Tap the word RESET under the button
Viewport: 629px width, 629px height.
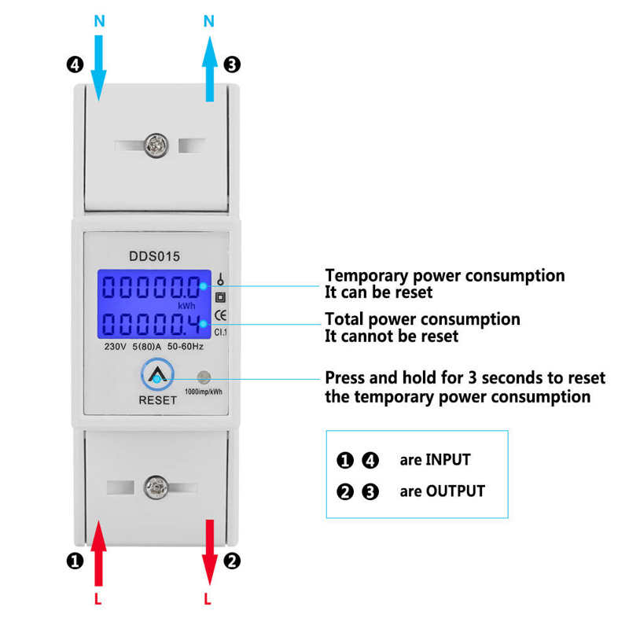tap(157, 399)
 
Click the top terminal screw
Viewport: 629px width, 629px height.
tap(155, 145)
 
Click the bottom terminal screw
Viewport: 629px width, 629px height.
tap(155, 487)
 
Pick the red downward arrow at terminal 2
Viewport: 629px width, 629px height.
tap(208, 550)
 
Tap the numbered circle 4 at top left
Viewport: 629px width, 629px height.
tap(75, 65)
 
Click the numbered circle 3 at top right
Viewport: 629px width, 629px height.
tap(232, 65)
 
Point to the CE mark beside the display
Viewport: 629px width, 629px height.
tap(221, 316)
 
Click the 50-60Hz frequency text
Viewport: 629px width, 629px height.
tap(186, 346)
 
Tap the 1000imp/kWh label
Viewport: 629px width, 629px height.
tap(203, 392)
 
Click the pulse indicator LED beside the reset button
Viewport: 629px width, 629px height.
tap(204, 377)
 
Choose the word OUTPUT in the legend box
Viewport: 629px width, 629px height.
tap(454, 491)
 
